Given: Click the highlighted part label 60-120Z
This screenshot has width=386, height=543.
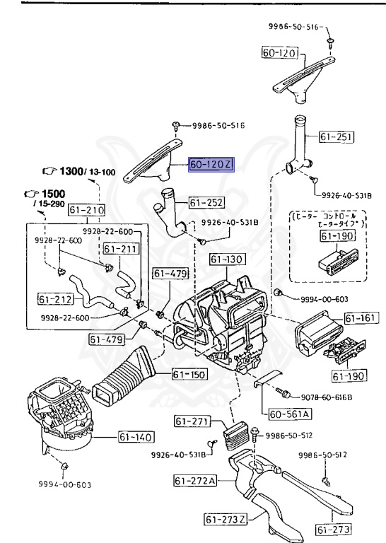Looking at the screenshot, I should pyautogui.click(x=210, y=165).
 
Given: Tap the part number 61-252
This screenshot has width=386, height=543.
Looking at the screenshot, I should pyautogui.click(x=206, y=204).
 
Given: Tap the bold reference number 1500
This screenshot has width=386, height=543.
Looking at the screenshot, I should pyautogui.click(x=51, y=193).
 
